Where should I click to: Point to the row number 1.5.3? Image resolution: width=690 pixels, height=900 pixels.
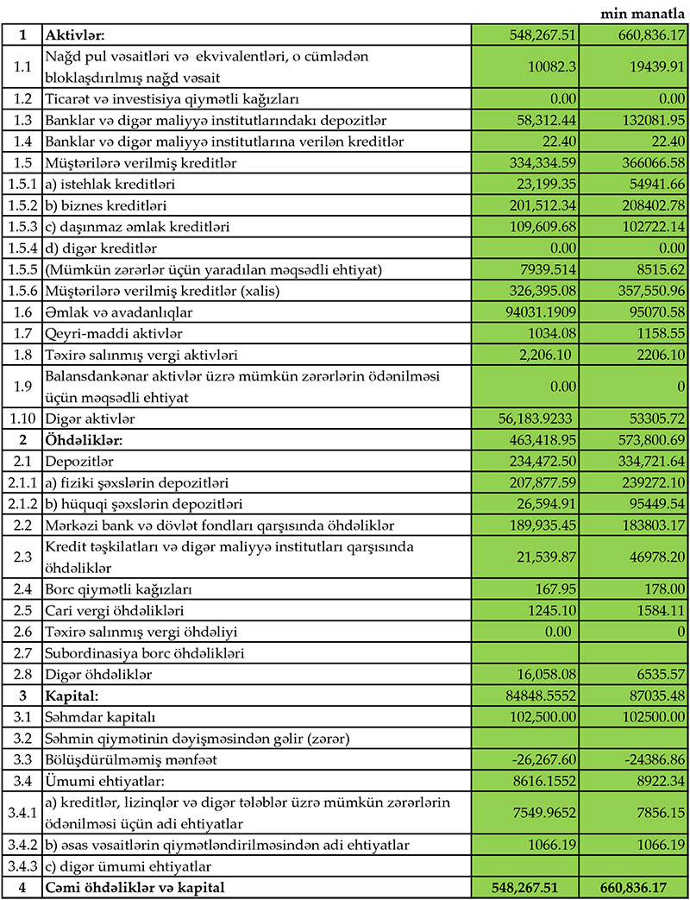[x=21, y=227]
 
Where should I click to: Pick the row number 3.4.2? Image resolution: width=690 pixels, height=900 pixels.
[x=21, y=842]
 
